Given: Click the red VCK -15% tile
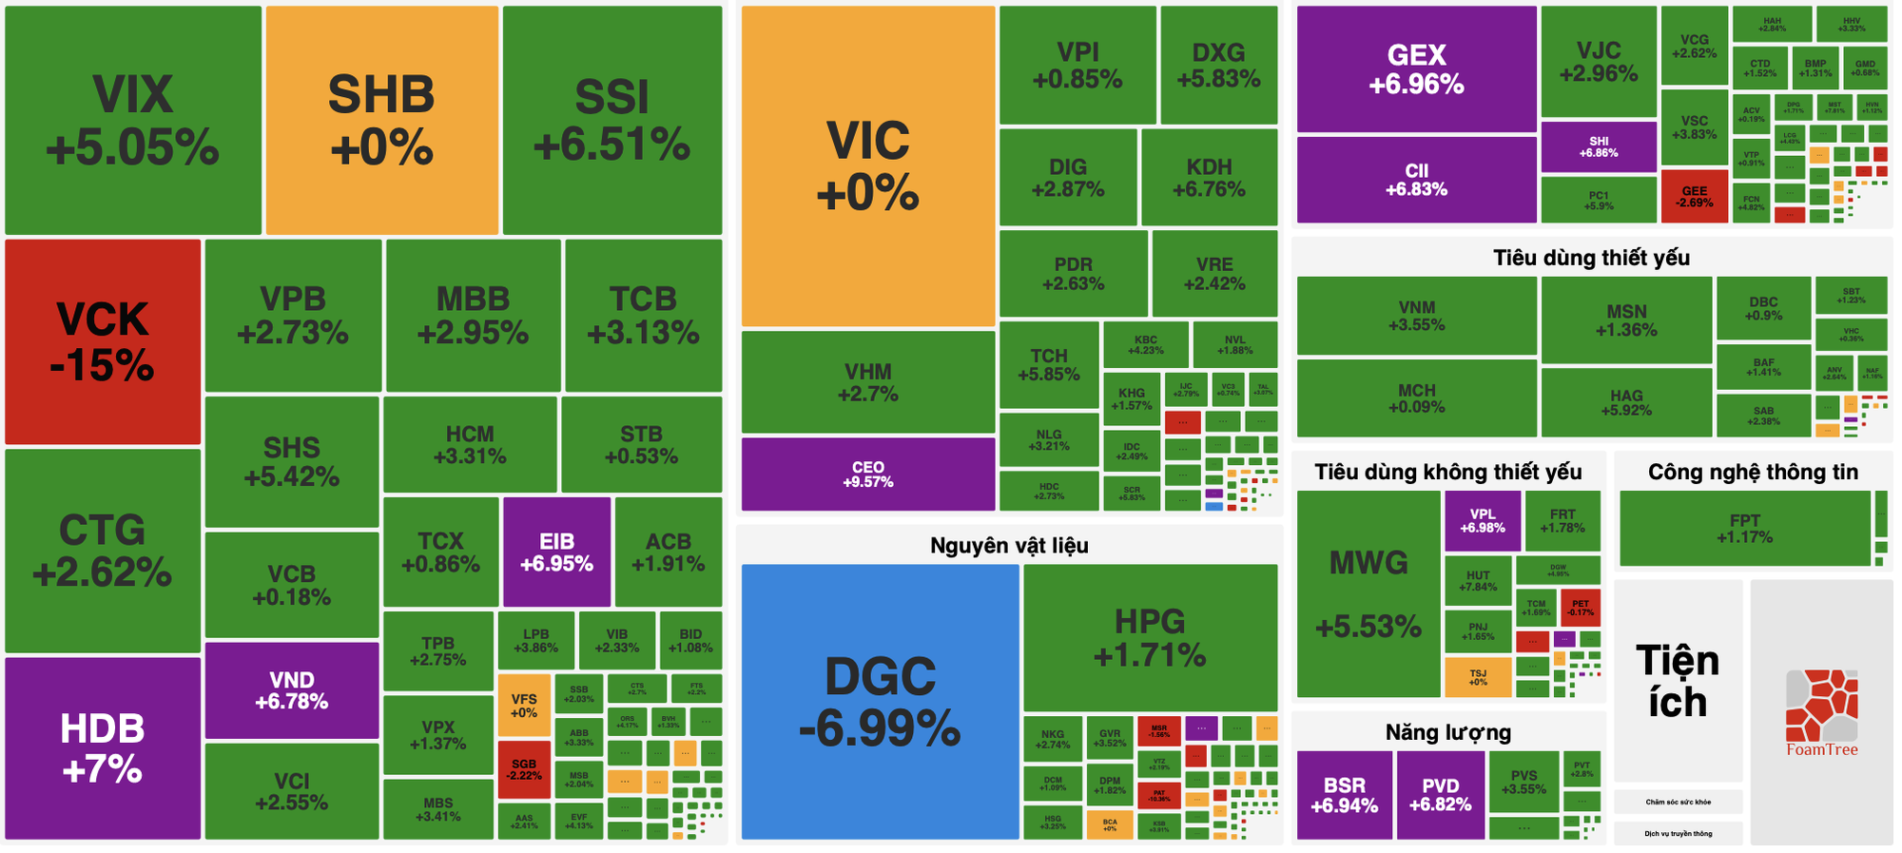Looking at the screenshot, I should coord(103,341).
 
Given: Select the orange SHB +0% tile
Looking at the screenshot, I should coord(381,121).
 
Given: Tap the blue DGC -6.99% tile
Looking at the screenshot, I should coord(880,702).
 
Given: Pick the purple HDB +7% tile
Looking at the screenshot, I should coord(103,747).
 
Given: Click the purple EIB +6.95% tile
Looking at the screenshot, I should coord(556,552).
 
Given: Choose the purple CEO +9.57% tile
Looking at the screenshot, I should coord(867,474).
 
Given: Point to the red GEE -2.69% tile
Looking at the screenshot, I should coord(1694,197).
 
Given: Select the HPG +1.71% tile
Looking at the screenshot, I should coord(1150,637).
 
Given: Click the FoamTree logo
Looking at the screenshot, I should coord(1821,713).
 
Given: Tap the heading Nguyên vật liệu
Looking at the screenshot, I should coord(1009,546).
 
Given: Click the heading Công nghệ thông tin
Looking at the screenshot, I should coord(1753,473).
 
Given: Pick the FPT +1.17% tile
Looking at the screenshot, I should coord(1744,529).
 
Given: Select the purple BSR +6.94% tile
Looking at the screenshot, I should coord(1344,795).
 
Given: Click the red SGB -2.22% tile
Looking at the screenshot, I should coord(524,769).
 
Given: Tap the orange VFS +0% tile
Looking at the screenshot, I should coord(524,706).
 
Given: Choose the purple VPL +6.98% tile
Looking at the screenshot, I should coord(1482,521).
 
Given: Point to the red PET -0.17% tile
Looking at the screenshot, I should coord(1581,608).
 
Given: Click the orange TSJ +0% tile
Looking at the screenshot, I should coord(1477,677).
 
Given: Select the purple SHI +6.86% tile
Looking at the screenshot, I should coord(1599,146).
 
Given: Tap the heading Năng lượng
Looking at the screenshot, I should coord(1447,732).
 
